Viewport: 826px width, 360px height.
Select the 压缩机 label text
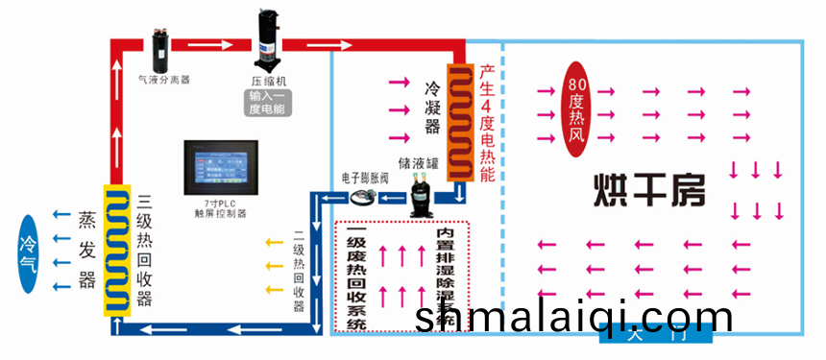[269, 81]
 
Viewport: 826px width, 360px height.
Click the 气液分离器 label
[164, 81]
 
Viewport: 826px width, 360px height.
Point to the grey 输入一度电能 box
[268, 103]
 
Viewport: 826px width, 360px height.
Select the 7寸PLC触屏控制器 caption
[227, 211]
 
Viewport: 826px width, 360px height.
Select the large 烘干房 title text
[648, 191]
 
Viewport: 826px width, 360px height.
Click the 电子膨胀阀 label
[363, 179]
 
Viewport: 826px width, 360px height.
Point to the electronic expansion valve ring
[362, 199]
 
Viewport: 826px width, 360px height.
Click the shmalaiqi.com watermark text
[573, 316]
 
